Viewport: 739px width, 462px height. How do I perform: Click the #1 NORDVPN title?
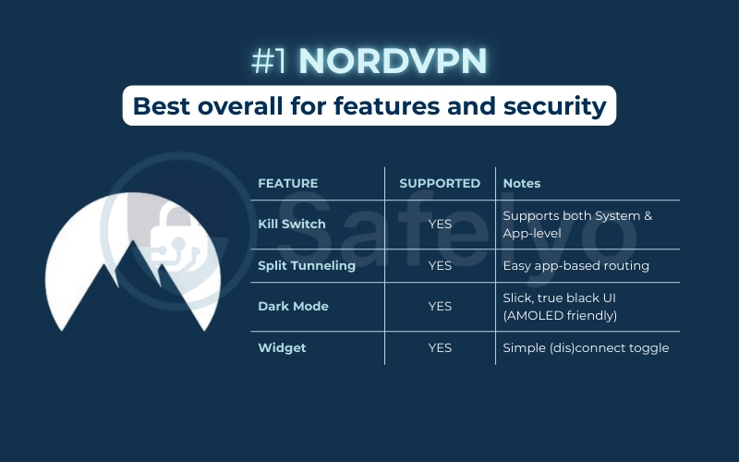369,61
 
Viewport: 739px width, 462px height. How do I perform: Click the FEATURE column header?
287,184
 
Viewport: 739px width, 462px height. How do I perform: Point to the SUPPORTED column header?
440,184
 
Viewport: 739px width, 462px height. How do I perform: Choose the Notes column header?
522,184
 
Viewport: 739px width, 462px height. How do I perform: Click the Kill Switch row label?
292,225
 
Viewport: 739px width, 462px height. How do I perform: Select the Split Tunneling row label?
307,266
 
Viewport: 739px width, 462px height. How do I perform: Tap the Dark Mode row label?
293,307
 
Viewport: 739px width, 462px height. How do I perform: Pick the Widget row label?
281,348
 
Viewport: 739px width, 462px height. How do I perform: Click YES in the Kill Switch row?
440,225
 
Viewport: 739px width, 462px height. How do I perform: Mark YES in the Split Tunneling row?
440,266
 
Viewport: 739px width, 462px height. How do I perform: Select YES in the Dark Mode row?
440,307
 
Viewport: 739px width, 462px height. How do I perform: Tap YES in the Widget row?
440,348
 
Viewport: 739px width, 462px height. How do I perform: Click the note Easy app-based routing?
576,266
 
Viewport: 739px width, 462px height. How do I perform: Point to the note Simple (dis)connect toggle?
586,348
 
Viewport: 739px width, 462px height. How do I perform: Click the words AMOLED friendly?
560,316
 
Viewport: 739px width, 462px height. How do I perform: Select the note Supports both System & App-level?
577,225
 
